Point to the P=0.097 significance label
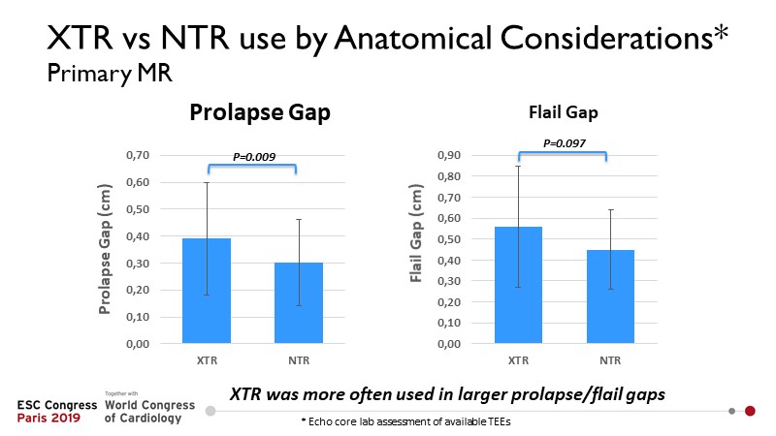click(x=562, y=142)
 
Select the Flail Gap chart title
click(x=562, y=112)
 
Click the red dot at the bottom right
click(x=750, y=411)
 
